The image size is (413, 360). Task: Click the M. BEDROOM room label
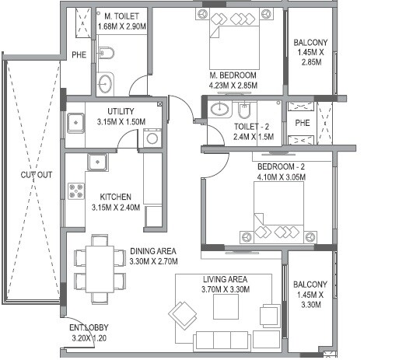233,75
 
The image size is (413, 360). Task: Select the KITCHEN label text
115,197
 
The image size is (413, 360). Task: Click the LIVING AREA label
225,279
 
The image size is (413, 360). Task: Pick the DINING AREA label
152,250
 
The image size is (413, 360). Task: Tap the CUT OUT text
37,174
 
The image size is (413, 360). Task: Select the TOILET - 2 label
252,125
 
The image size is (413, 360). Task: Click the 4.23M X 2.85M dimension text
233,86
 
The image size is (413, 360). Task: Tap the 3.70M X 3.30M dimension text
225,289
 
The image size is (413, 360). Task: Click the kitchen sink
97,163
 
